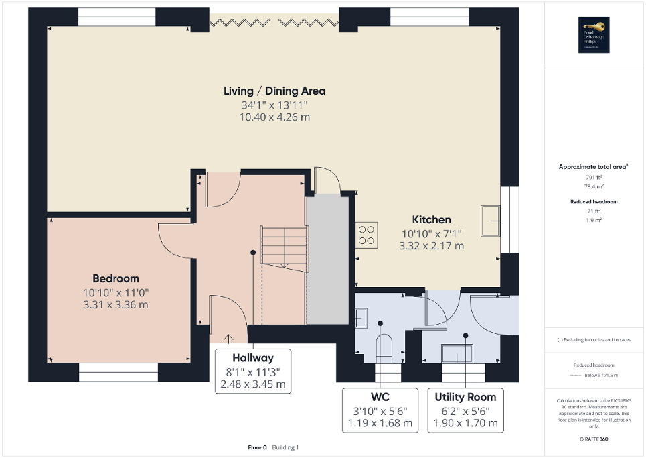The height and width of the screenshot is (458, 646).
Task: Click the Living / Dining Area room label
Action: point(274,91)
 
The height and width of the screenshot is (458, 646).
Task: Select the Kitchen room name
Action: point(431,219)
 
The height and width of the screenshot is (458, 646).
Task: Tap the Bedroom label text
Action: point(116,278)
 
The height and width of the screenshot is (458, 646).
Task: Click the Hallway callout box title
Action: point(252,357)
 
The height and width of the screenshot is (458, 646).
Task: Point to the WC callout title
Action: point(380,397)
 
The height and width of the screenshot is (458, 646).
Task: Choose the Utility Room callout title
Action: point(465,397)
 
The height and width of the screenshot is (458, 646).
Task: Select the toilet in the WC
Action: point(385,347)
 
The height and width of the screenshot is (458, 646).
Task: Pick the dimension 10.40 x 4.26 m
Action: point(274,117)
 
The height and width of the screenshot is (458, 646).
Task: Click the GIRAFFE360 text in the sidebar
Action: point(594,439)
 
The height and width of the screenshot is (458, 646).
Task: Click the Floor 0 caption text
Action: point(257,447)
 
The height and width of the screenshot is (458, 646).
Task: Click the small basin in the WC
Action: point(360,317)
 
